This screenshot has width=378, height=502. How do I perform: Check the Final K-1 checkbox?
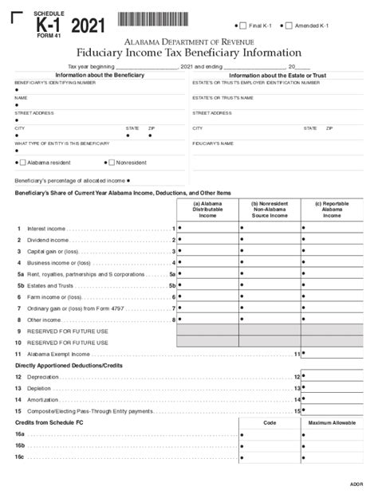point(242,26)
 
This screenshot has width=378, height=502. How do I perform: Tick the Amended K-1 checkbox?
point(289,26)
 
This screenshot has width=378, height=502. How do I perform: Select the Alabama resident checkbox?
point(22,162)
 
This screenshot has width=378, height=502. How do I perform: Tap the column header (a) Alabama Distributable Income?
point(207,209)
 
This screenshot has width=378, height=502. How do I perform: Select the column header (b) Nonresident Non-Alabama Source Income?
point(270,209)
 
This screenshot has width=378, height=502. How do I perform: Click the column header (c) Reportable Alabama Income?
point(332,209)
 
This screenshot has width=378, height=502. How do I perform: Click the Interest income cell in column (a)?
point(207,228)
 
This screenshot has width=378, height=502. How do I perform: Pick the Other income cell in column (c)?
point(332,319)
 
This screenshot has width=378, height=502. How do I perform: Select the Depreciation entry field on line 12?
point(332,376)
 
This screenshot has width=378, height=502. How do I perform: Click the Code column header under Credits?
point(270,422)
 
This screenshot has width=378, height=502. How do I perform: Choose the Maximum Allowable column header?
point(332,422)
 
